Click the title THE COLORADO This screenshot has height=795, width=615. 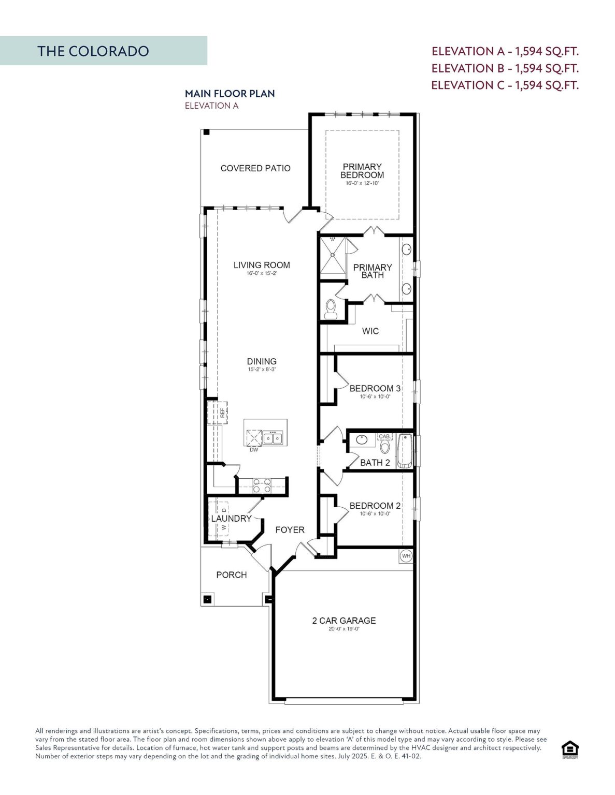pos(93,51)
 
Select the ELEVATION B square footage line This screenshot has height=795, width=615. pos(505,68)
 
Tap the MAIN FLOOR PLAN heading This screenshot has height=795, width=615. pos(230,94)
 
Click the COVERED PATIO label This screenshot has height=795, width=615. pos(255,168)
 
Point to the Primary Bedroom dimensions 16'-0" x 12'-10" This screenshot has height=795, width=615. pos(362,183)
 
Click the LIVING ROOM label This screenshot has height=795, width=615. pos(262,265)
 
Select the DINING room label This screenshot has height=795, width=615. pos(262,361)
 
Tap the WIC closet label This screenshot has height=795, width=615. pos(370,331)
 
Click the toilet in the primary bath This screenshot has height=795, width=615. pos(331,309)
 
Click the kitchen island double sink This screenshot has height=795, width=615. pos(273,438)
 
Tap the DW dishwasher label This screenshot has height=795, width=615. pos(254,450)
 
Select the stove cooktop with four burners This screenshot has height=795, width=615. pos(262,485)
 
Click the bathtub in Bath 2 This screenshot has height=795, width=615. pos(404,451)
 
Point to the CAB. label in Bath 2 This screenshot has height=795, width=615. pos(384,436)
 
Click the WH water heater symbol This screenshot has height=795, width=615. pos(406,556)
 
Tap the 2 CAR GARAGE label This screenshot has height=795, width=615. pos(344,621)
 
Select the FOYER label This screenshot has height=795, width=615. pos(290,530)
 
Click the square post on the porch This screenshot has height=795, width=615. pos(207,599)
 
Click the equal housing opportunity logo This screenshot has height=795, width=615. pos(570,749)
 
